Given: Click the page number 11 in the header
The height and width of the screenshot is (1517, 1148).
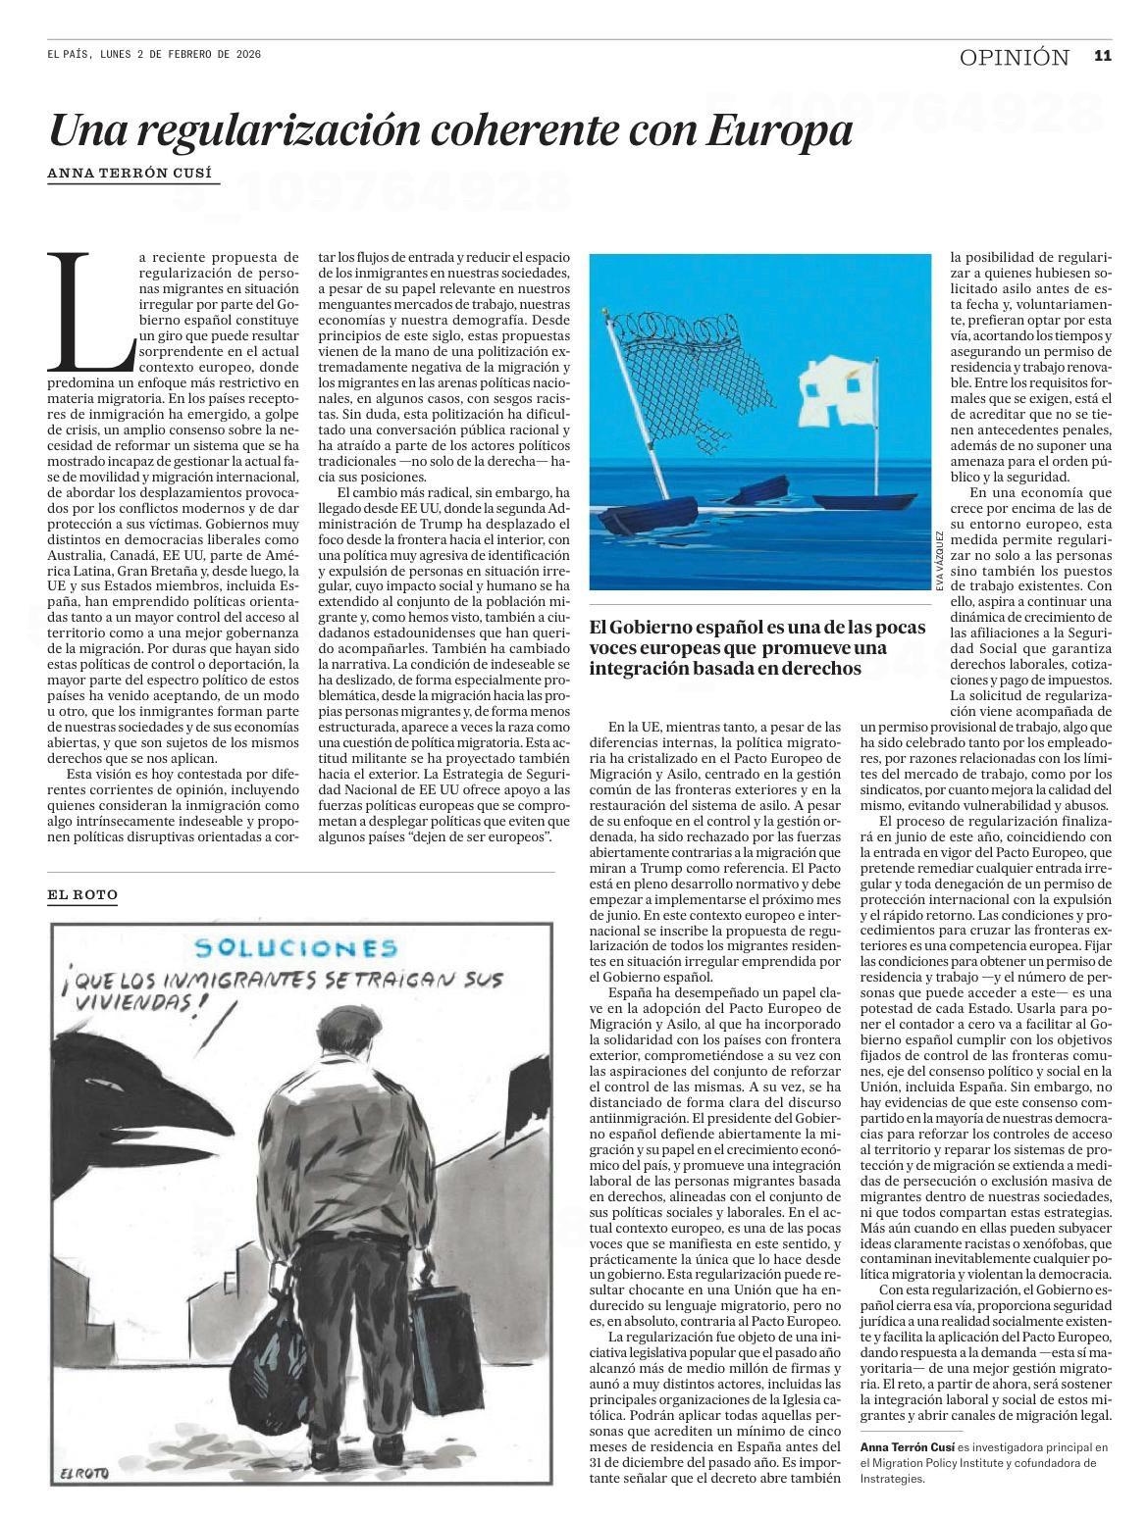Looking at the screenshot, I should pyautogui.click(x=1102, y=57).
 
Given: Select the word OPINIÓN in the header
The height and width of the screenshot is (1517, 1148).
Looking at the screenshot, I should pyautogui.click(x=1014, y=58).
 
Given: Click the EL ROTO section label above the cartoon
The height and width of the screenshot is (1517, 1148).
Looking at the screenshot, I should pyautogui.click(x=82, y=895).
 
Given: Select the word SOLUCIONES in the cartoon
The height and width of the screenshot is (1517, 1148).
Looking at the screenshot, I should pyautogui.click(x=295, y=949).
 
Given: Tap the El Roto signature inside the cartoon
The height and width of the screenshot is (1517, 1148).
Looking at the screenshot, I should pyautogui.click(x=82, y=1472).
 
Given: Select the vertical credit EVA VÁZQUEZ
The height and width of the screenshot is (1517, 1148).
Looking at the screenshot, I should pyautogui.click(x=939, y=561).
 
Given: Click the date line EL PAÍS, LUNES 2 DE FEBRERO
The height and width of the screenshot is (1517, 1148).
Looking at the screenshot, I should pyautogui.click(x=154, y=55).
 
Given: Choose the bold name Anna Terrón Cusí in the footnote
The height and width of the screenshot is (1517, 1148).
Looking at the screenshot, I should pyautogui.click(x=908, y=1446).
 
